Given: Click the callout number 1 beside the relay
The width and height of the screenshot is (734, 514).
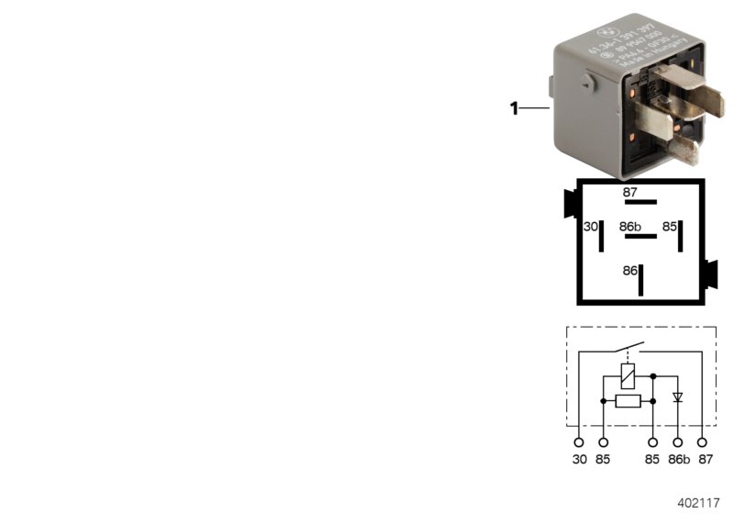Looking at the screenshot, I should (x=515, y=109).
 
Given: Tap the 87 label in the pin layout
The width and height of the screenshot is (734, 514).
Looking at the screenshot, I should (x=629, y=193).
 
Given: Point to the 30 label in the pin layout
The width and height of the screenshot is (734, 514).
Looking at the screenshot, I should (x=591, y=227).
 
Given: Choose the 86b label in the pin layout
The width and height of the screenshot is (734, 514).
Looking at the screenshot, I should (x=629, y=226).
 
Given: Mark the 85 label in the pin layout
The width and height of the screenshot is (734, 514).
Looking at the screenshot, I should (x=671, y=226).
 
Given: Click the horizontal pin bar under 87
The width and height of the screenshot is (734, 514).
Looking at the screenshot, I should (x=640, y=202).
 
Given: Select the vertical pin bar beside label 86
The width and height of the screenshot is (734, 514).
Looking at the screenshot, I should (x=642, y=279).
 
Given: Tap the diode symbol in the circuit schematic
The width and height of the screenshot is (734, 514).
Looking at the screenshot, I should (x=678, y=397).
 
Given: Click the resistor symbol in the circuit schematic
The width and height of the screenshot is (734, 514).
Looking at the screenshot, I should (x=628, y=401).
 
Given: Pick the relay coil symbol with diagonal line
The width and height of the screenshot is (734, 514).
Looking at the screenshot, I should (x=628, y=374).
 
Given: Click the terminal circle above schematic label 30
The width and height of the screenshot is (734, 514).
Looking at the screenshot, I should (x=578, y=442).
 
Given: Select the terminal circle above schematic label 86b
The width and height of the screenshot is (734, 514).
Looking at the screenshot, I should (x=678, y=442).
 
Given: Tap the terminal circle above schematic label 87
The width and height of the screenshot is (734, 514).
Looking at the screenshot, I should (x=703, y=442).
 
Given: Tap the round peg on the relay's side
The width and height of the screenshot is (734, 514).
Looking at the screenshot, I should (x=585, y=85).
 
